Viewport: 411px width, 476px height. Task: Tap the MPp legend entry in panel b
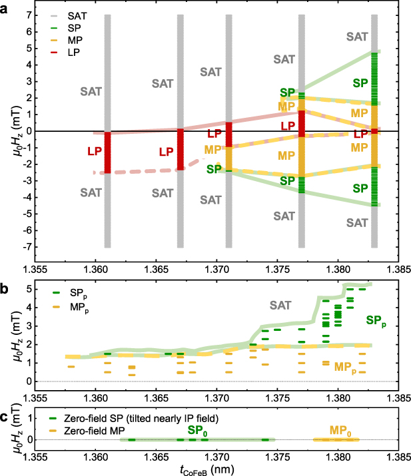point(73,306)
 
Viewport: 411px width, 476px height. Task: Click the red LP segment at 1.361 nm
point(107,152)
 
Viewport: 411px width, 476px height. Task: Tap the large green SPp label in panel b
point(378,320)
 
